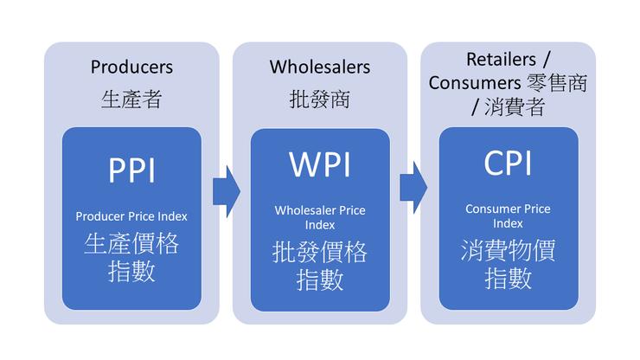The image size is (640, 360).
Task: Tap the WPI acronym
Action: click(320, 165)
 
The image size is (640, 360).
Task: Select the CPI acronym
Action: click(508, 165)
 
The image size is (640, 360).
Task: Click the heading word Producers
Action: click(131, 67)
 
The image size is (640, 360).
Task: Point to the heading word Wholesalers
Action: click(319, 67)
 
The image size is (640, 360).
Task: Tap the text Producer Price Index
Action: click(131, 215)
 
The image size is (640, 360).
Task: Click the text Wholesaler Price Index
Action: click(320, 217)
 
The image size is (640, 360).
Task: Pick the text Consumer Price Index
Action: click(508, 215)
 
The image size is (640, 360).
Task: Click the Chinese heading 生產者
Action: click(131, 100)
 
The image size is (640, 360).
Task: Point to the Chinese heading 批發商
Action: click(319, 100)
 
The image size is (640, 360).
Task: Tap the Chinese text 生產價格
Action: click(131, 243)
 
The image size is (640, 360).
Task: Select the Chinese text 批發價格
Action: click(320, 252)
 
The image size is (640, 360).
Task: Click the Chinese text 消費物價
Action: click(508, 250)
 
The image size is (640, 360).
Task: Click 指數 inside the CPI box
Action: click(508, 279)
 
